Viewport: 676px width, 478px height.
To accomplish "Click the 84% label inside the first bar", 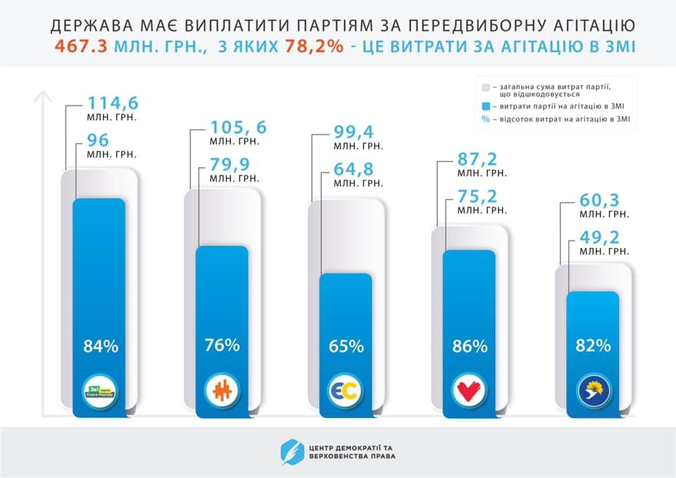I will [101, 346].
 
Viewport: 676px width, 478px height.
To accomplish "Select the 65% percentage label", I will [346, 346].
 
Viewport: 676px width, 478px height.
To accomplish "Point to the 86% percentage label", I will [470, 346].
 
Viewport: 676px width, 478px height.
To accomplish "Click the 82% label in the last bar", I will [593, 345].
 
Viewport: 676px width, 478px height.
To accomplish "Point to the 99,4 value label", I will [354, 131].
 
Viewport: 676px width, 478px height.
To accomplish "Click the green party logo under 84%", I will [100, 389].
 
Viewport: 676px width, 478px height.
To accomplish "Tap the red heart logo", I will [470, 389].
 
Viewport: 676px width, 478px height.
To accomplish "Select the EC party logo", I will [346, 389].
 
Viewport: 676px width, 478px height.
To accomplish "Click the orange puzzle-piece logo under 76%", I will [223, 389].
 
